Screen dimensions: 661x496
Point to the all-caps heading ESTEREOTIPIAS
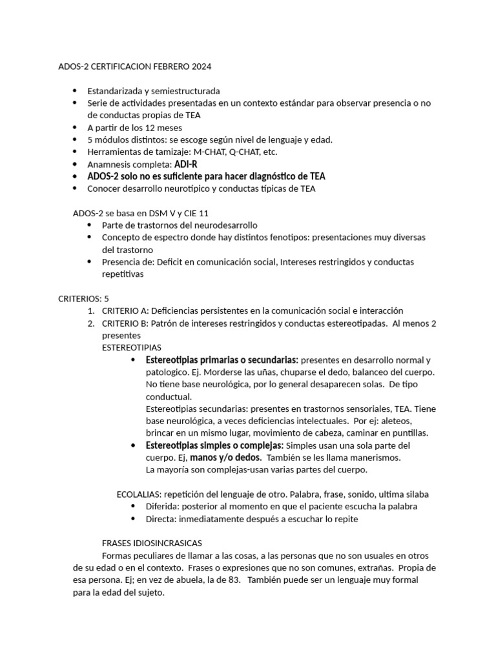pos(132,347)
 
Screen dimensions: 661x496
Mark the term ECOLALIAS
pos(139,494)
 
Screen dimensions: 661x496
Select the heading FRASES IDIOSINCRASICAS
pos(152,543)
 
